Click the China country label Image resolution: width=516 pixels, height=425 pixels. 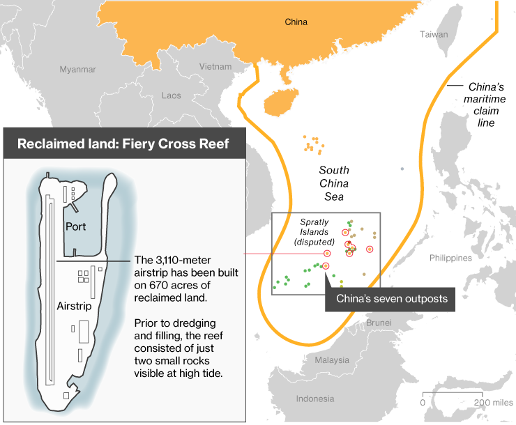[296, 22]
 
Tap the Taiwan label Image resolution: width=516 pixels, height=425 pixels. [434, 34]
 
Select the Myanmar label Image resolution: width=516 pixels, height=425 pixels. [77, 70]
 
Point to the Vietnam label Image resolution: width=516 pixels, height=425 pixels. [215, 67]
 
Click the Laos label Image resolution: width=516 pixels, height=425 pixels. [171, 95]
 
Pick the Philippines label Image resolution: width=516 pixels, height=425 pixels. [450, 258]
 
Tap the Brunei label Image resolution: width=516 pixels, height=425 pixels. [379, 323]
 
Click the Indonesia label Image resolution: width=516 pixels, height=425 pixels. [314, 399]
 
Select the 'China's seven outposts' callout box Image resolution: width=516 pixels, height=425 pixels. [391, 299]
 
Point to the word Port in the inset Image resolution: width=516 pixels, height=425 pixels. [75, 226]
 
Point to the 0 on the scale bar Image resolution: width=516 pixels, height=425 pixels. [423, 403]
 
